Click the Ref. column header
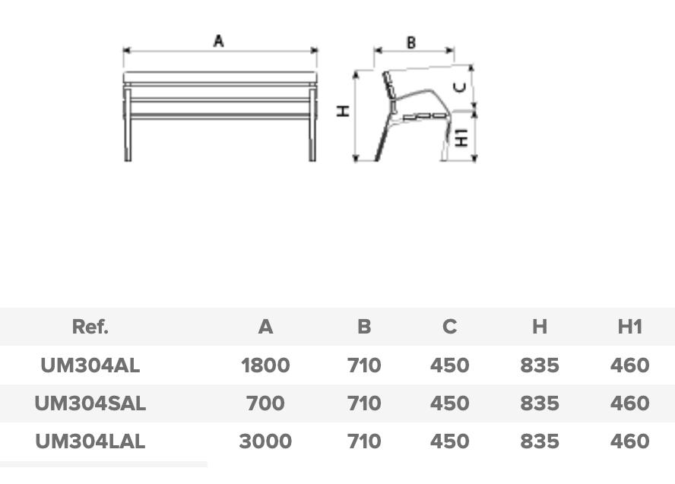coord(90,327)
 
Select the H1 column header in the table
coord(630,327)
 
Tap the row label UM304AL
coord(90,365)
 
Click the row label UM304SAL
coord(90,403)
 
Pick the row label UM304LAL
coord(90,441)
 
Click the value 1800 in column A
coord(265,365)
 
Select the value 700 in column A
coord(265,403)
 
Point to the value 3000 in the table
coord(265,441)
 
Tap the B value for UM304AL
coord(364,365)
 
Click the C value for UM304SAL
coord(449,403)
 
